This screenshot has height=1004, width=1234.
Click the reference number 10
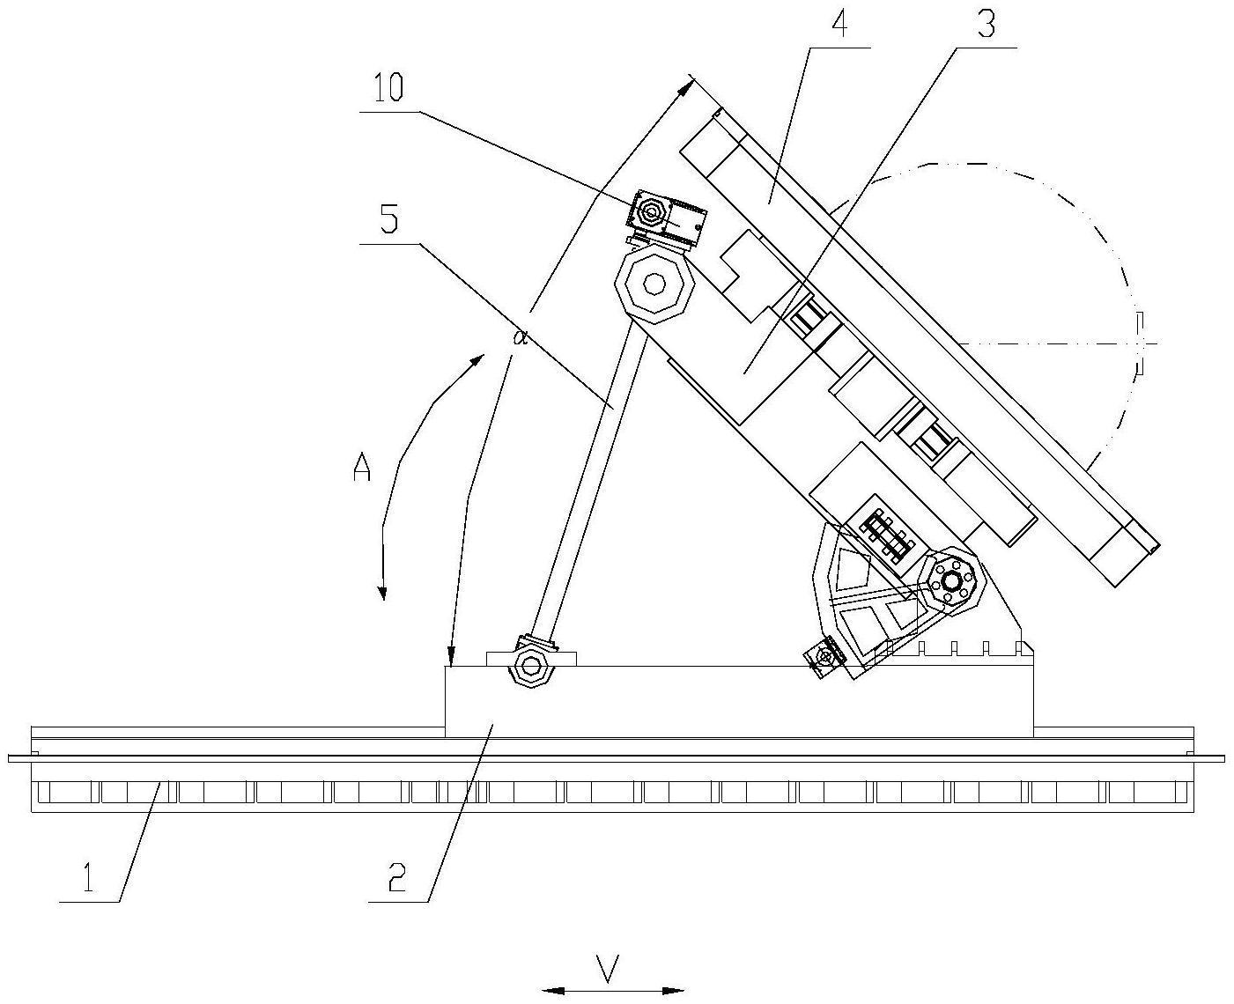pos(388,90)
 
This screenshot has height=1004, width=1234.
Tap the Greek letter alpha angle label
pos(521,337)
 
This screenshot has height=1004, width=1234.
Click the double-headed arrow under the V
pos(613,991)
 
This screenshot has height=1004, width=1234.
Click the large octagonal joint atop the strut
pos(654,284)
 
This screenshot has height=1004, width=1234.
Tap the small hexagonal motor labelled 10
pos(653,212)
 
